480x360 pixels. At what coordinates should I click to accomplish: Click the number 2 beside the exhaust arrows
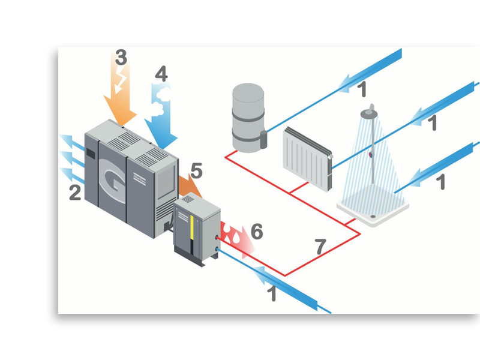click(x=75, y=193)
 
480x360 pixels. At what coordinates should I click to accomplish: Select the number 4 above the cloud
click(x=161, y=74)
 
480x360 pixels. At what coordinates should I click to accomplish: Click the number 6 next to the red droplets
click(x=256, y=231)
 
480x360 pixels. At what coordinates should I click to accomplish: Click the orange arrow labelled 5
click(x=188, y=186)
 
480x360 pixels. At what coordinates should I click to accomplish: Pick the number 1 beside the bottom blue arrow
click(x=271, y=294)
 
